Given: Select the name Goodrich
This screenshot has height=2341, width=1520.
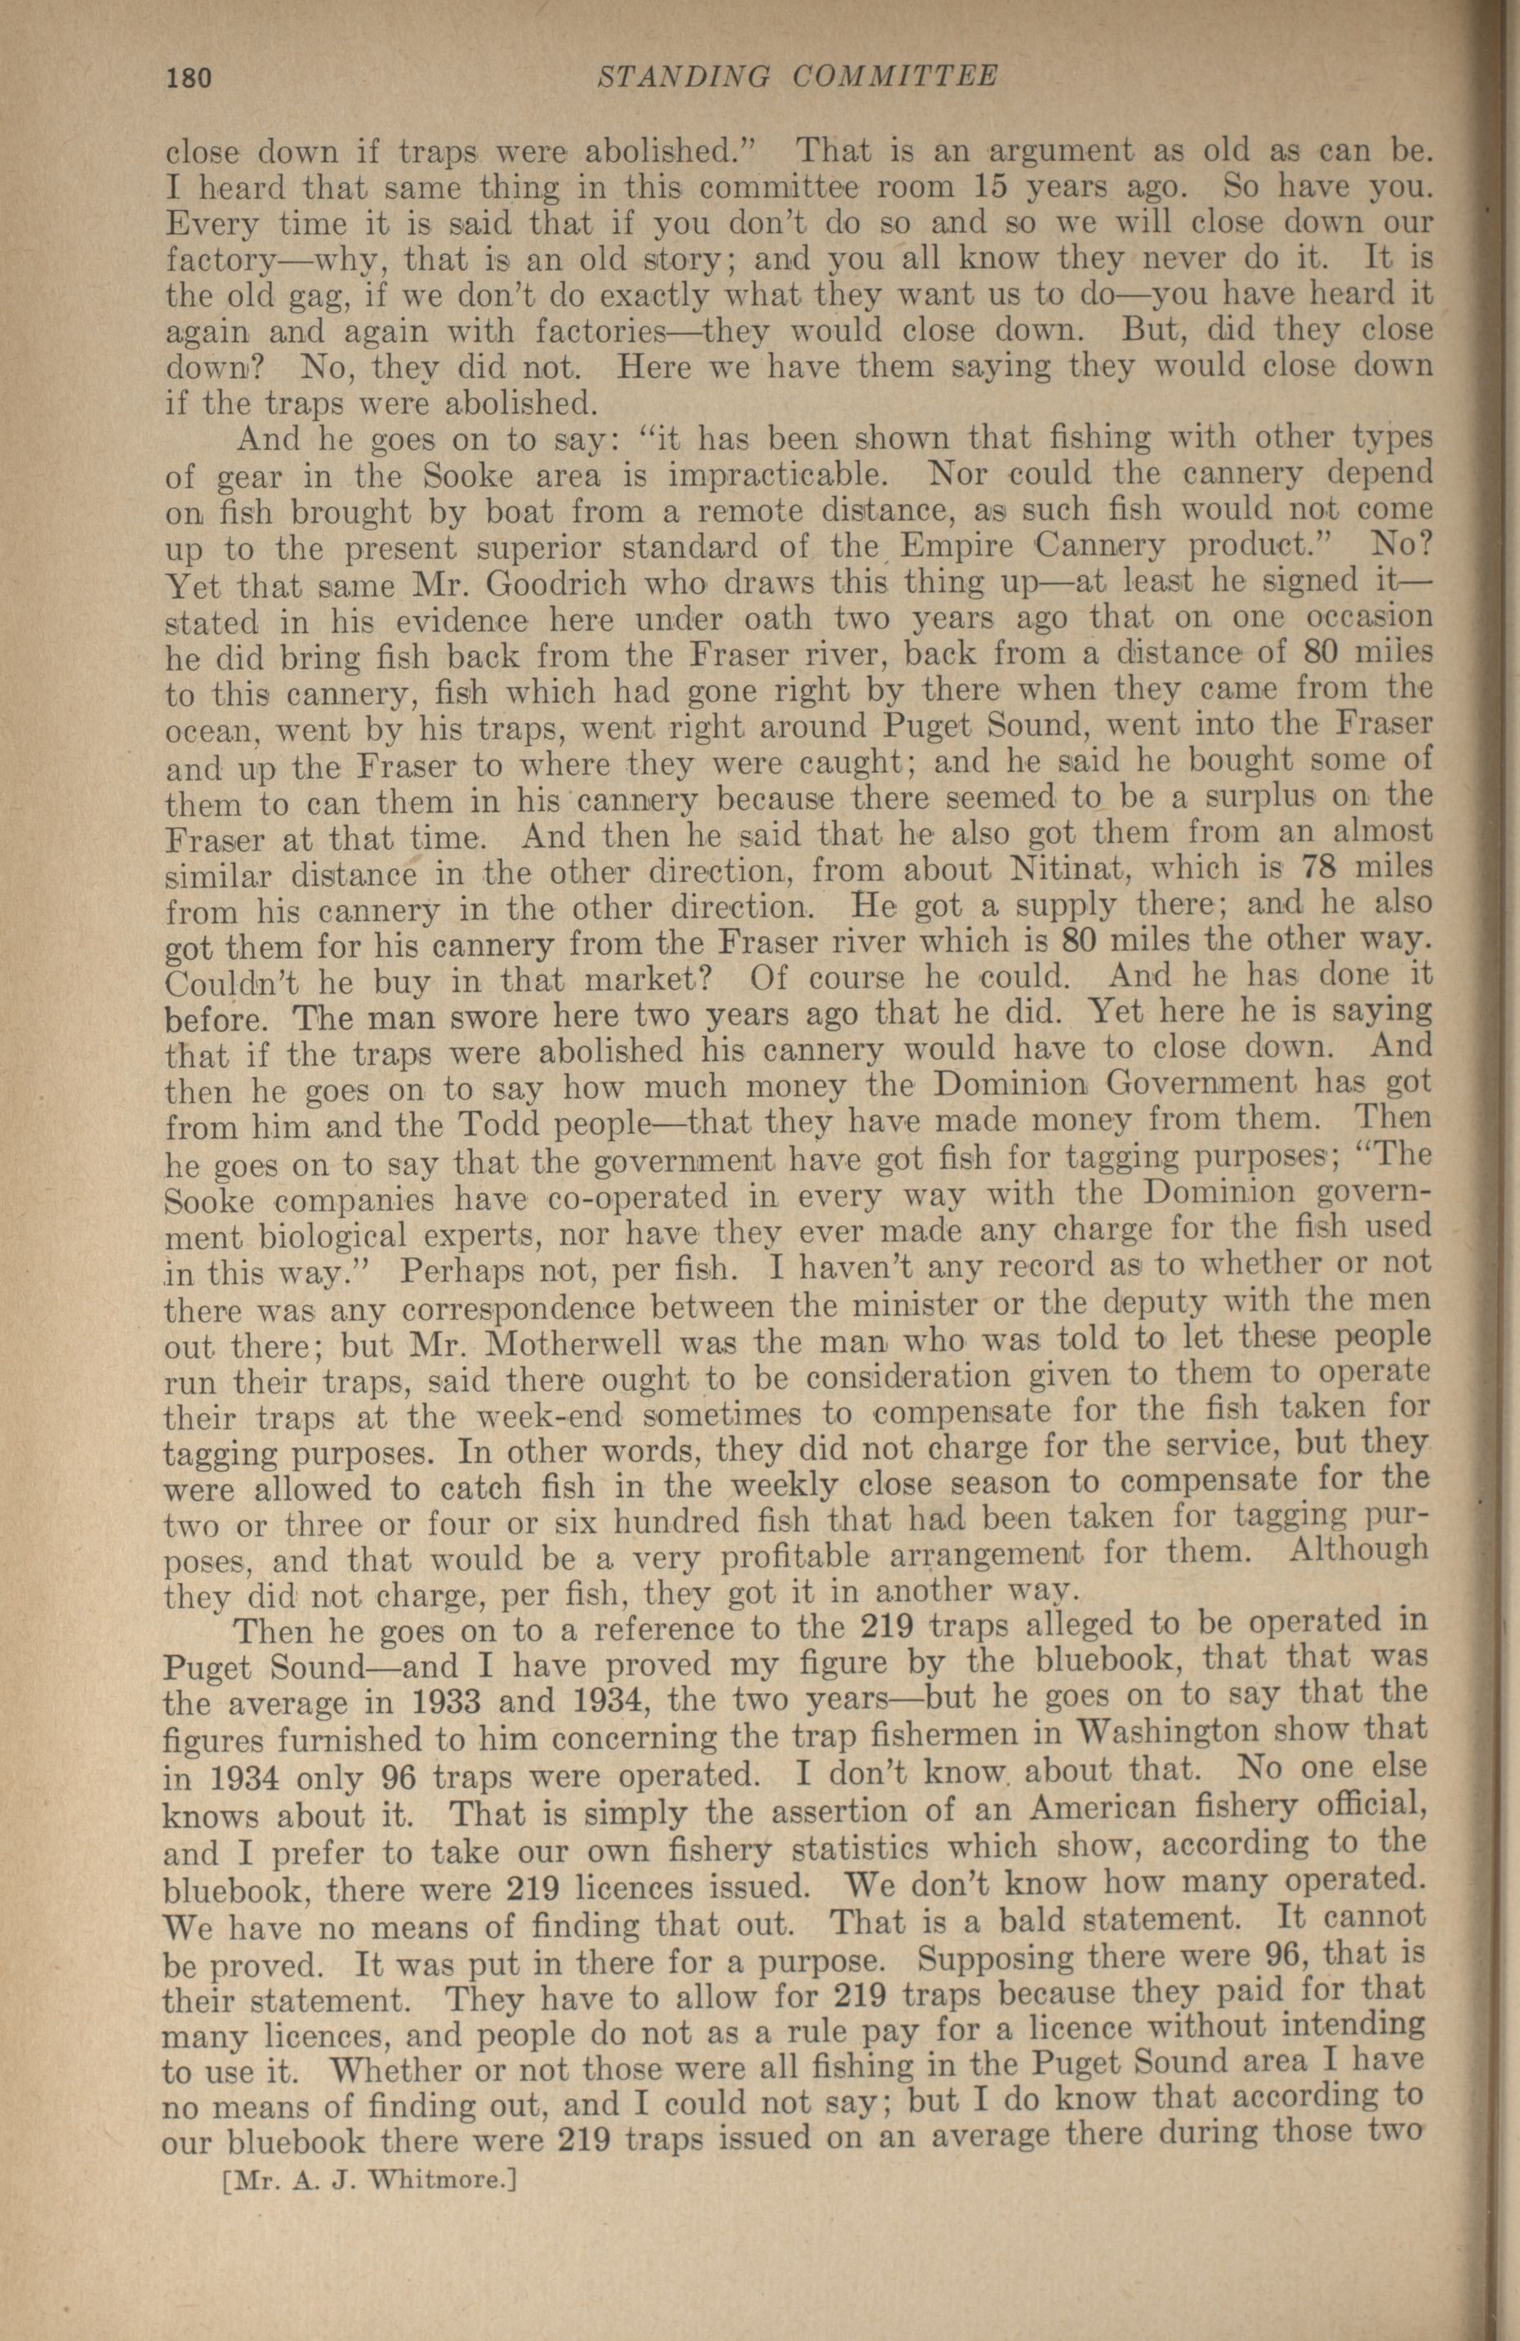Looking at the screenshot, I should [x=543, y=584].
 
